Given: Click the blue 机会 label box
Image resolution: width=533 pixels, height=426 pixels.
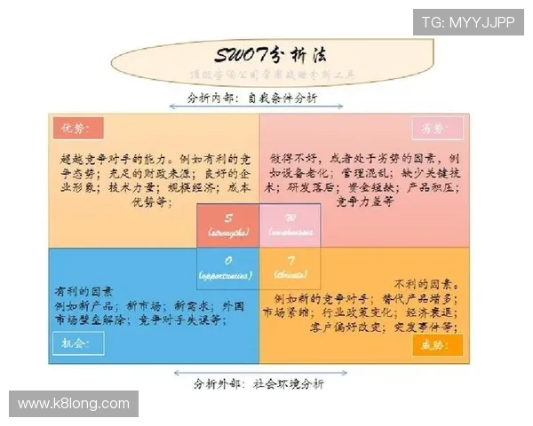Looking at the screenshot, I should click(x=72, y=342).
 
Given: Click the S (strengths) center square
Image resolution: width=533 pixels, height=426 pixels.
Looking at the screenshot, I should click(x=227, y=225).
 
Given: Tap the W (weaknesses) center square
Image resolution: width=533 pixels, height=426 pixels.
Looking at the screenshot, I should click(x=289, y=225).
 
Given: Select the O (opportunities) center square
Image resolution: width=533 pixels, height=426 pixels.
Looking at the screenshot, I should click(x=227, y=267).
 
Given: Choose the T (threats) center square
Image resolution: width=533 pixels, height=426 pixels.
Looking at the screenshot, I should click(x=289, y=267).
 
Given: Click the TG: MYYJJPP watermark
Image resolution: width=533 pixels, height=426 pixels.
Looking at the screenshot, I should click(x=467, y=21).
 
